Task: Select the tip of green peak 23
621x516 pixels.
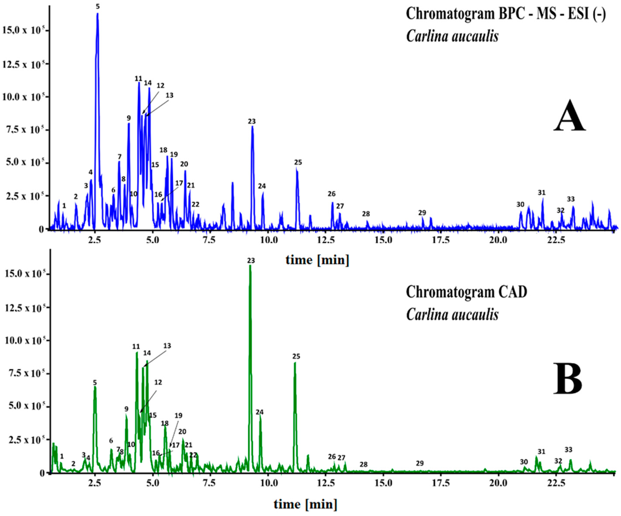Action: (250, 266)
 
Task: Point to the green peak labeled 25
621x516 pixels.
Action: (295, 363)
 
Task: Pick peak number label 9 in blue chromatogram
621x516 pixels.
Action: (129, 118)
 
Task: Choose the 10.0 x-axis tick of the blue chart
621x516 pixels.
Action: (268, 240)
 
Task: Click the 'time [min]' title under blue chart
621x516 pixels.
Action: (317, 260)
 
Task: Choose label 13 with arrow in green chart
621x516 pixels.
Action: (167, 346)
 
